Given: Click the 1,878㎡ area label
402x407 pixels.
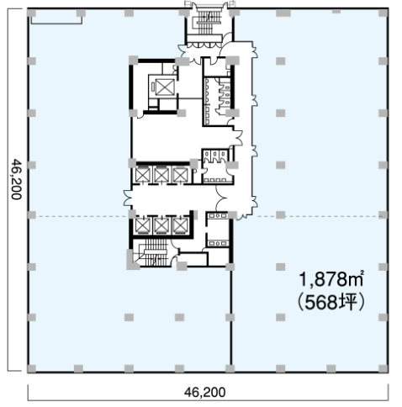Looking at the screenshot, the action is pos(332,279).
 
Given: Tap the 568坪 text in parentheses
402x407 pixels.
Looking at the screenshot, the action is pos(332,302).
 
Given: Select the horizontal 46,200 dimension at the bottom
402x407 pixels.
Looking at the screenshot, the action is pos(204,392).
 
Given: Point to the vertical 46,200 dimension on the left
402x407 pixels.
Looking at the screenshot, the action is pos(16,179).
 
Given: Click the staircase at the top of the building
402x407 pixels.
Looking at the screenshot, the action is pos(208,22).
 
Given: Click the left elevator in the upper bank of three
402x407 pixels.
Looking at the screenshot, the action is pos(143,175).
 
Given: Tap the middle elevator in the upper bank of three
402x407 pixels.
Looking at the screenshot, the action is pos(161,175).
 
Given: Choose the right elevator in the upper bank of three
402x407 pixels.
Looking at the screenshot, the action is pos(180,175).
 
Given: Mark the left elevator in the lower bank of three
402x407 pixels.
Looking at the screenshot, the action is pos(143,225).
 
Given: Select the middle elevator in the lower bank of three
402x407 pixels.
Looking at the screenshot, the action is pos(161,225).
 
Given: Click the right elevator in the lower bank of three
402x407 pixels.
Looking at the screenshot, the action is pos(180,225).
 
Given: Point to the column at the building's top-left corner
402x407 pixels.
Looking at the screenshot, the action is pos(31,13).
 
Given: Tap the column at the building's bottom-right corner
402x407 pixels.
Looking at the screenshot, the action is pos(383,368).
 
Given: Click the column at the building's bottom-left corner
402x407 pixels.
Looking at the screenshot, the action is pos(32,368).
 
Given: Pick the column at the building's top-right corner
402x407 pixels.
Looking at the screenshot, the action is pos(383,13).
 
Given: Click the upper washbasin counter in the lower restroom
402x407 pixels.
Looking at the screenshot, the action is pos(218,215).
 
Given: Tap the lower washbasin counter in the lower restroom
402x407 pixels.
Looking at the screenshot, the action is pos(218,243).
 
